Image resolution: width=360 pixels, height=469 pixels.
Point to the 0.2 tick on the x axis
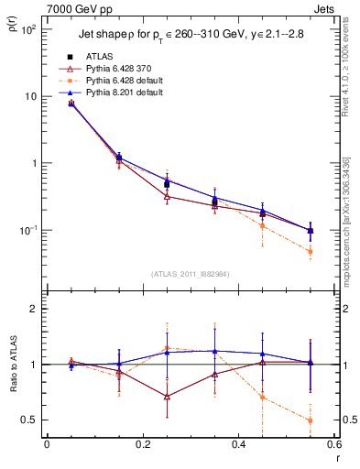pyautogui.click(x=142, y=445)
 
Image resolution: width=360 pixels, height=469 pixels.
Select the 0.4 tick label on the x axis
pyautogui.click(x=237, y=445)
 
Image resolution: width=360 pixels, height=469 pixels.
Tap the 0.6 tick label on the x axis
pyautogui.click(x=333, y=445)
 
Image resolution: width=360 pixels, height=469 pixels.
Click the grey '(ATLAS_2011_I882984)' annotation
pyautogui.click(x=190, y=273)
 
